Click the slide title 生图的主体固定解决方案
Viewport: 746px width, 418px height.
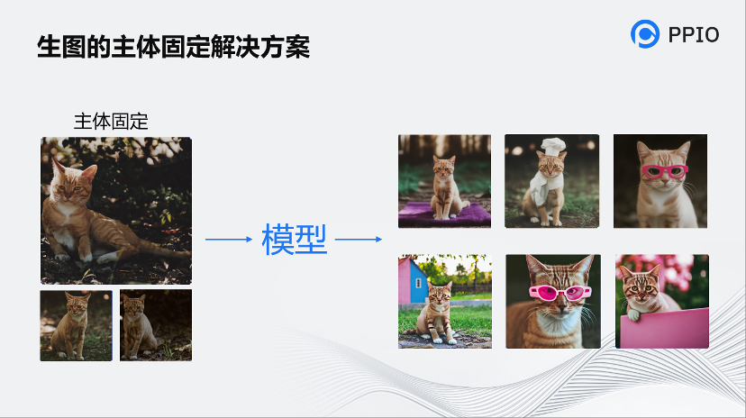click(173, 47)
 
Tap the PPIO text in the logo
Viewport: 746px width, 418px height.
click(694, 35)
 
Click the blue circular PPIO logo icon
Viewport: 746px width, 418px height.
click(646, 34)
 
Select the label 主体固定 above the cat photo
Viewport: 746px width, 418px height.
click(111, 121)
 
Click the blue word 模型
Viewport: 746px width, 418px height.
click(295, 240)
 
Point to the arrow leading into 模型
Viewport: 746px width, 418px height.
click(229, 240)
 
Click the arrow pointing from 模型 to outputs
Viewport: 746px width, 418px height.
click(359, 240)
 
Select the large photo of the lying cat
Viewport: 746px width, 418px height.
click(115, 211)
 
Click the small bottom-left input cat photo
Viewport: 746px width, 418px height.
click(76, 325)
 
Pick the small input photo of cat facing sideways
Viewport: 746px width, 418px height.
click(155, 325)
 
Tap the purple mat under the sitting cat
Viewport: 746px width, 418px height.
click(445, 214)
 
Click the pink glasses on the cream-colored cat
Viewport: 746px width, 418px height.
click(663, 170)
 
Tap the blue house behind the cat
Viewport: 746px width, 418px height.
click(417, 282)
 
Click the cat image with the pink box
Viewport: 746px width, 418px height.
click(661, 301)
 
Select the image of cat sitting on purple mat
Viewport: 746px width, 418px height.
click(444, 181)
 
